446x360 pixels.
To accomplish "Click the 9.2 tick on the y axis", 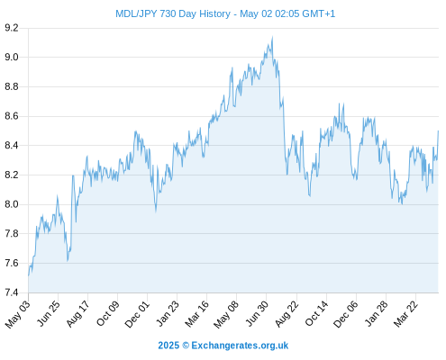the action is tap(12, 28).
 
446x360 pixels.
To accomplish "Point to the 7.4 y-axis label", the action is tap(12, 292).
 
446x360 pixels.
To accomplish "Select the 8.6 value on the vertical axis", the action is tap(12, 116).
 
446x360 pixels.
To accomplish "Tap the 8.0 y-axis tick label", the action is tap(12, 204).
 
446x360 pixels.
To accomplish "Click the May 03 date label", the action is tap(18, 314).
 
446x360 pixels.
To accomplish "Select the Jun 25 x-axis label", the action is tap(48, 313).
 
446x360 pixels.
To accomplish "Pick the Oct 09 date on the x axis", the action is tap(107, 313).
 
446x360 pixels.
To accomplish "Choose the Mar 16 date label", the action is tap(196, 313).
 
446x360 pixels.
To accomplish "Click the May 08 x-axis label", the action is tap(226, 314).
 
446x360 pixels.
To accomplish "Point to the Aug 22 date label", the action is tap(287, 313).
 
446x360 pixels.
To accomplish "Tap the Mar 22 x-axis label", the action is tap(405, 313).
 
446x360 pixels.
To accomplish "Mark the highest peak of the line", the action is tap(272, 37).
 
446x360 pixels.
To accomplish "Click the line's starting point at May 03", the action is tap(29, 275).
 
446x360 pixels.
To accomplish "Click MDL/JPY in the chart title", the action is tap(136, 13).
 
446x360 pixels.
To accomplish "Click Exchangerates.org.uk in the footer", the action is tap(240, 346).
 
